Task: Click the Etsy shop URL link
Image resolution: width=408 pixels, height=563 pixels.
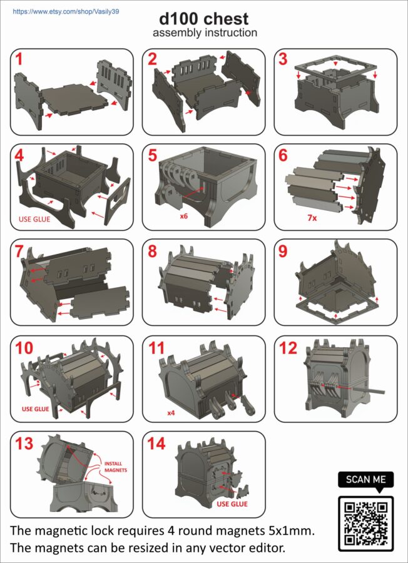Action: pyautogui.click(x=66, y=12)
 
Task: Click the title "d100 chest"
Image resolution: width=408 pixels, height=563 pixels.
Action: pyautogui.click(x=204, y=19)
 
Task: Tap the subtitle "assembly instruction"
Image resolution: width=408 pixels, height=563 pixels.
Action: pyautogui.click(x=205, y=33)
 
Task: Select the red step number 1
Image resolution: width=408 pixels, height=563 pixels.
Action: pyautogui.click(x=19, y=59)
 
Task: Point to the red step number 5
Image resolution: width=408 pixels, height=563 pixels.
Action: pyautogui.click(x=152, y=156)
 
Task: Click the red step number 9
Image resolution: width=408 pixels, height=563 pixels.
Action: pyautogui.click(x=283, y=251)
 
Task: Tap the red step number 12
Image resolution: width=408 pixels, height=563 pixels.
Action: pyautogui.click(x=288, y=348)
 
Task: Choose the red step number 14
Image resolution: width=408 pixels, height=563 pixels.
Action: pyautogui.click(x=156, y=444)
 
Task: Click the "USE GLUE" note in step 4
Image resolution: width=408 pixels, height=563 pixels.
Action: pyautogui.click(x=34, y=219)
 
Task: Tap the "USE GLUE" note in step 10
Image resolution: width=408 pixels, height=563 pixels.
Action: pyautogui.click(x=35, y=408)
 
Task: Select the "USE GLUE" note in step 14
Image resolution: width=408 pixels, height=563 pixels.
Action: pyautogui.click(x=232, y=504)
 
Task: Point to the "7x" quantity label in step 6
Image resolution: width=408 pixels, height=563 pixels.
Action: pyautogui.click(x=312, y=218)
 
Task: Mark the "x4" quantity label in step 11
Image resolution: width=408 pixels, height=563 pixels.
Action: pyautogui.click(x=171, y=413)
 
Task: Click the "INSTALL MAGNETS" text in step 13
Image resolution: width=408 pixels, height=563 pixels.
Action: pyautogui.click(x=116, y=467)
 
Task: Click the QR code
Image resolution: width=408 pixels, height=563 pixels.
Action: pyautogui.click(x=366, y=524)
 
